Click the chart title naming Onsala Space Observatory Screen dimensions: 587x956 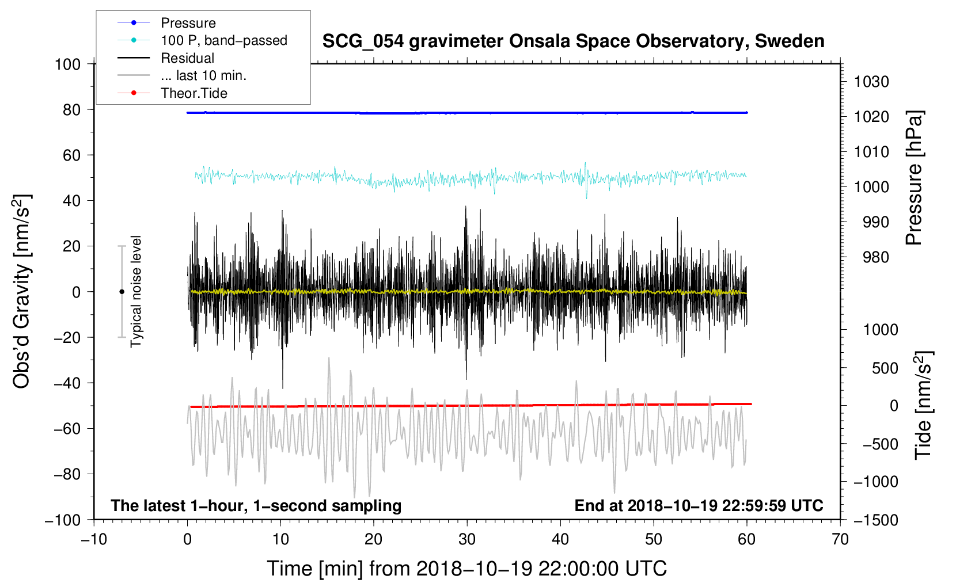tap(573, 41)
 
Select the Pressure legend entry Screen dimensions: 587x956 tap(188, 23)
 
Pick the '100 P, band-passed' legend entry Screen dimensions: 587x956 tap(223, 40)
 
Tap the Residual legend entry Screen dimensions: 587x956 tap(187, 58)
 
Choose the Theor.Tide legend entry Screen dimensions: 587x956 tap(194, 93)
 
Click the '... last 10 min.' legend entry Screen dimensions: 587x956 tap(203, 75)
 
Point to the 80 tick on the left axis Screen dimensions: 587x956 tap(71, 109)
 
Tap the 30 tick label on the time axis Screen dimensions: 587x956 tap(467, 540)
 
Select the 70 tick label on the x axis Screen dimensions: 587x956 tap(840, 540)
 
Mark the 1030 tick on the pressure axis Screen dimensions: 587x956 tap(871, 82)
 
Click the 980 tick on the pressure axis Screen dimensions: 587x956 tap(871, 257)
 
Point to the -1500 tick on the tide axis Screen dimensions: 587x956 tap(875, 520)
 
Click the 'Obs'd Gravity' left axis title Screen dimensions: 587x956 tap(22, 291)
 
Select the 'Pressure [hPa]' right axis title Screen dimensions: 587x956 tap(914, 178)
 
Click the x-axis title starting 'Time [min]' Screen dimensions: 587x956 tap(466, 569)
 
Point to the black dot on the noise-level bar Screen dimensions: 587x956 tap(122, 292)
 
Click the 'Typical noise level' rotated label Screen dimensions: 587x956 tap(136, 291)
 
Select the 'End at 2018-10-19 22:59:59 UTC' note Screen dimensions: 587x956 tap(699, 505)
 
